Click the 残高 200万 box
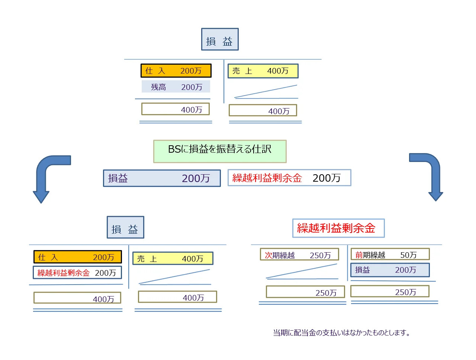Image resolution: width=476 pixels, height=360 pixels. [x=176, y=87]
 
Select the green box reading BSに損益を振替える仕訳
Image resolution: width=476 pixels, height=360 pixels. [x=220, y=151]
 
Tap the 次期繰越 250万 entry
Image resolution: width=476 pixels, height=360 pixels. [x=299, y=255]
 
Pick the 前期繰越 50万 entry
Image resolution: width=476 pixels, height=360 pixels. [x=390, y=254]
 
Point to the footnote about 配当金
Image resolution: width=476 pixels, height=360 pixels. [x=341, y=333]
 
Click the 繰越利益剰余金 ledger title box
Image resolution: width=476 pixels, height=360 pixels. [x=338, y=228]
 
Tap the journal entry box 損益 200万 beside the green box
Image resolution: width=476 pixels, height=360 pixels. [x=162, y=178]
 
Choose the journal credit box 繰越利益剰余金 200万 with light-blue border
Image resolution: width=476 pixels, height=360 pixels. [x=289, y=178]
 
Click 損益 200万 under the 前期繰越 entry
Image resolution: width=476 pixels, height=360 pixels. [x=390, y=270]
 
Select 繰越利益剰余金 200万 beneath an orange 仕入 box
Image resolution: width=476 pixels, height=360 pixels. [x=77, y=273]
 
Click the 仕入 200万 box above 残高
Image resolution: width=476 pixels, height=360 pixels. [x=176, y=71]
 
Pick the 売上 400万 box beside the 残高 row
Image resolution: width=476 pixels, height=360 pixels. [x=263, y=71]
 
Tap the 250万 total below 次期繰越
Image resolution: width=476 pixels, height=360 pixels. [x=305, y=292]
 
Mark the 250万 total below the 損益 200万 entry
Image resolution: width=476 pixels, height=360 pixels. [x=390, y=292]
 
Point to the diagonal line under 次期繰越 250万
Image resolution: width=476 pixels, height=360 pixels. [x=302, y=272]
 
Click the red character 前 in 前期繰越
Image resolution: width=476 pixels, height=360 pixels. [x=359, y=255]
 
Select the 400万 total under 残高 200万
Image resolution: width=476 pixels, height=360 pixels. [x=176, y=109]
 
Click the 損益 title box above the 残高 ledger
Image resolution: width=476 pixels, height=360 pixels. [x=220, y=39]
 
